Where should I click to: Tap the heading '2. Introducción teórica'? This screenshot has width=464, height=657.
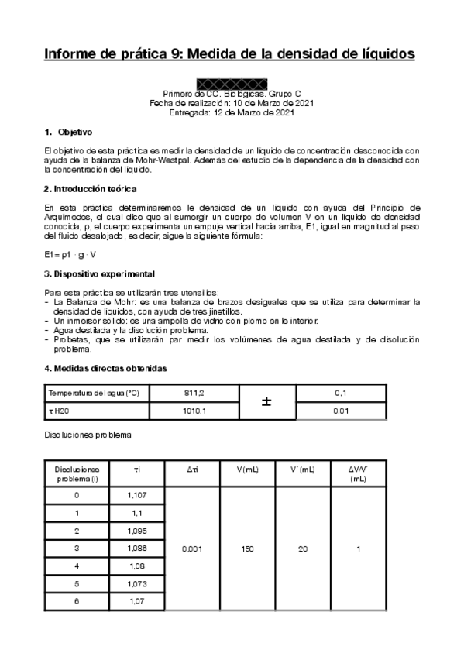(x=91, y=188)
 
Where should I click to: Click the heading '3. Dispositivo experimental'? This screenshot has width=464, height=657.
(x=99, y=274)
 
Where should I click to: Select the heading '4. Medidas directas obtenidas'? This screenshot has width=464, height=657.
(x=105, y=367)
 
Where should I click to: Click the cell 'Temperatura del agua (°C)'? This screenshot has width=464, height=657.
(x=95, y=394)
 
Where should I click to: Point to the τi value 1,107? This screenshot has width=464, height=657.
(x=136, y=494)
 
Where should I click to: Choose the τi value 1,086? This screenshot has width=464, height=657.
(x=136, y=548)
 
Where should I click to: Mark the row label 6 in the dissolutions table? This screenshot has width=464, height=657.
(x=76, y=601)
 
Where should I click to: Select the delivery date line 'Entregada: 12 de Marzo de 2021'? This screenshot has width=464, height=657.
(x=232, y=112)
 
